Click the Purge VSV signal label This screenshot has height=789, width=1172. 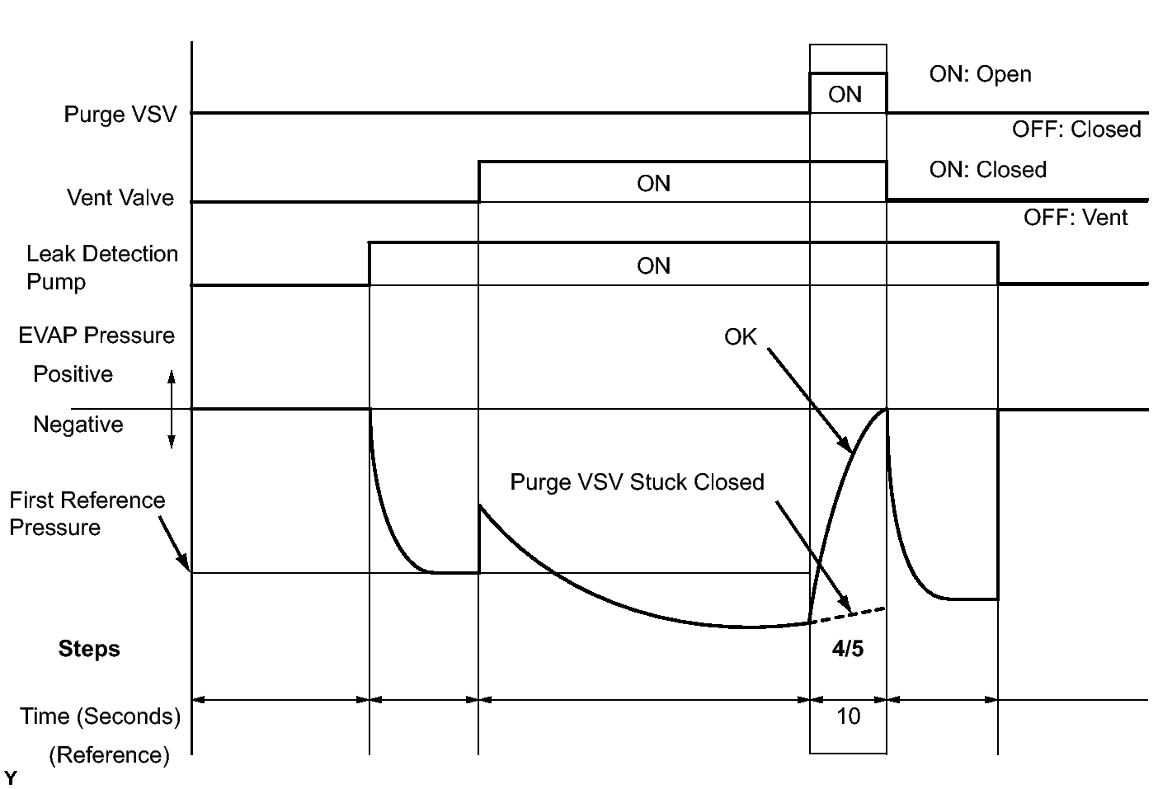click(120, 114)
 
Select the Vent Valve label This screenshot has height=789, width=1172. click(120, 198)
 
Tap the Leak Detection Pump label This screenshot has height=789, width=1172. click(102, 267)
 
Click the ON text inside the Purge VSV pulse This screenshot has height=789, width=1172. click(845, 95)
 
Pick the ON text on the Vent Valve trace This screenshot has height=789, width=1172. click(653, 183)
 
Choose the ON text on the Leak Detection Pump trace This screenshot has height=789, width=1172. click(653, 265)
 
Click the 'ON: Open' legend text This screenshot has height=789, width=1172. click(980, 74)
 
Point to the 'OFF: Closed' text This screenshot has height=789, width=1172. click(1076, 129)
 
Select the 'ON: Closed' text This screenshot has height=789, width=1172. click(987, 170)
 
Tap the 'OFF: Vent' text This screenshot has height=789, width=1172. click(1076, 218)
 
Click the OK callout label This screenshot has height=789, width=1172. click(740, 336)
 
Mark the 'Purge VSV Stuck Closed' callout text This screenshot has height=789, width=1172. click(637, 482)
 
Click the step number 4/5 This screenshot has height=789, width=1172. click(848, 649)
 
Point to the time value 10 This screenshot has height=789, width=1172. click(848, 716)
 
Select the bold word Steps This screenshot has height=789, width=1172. click(89, 649)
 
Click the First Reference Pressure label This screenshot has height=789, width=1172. click(87, 514)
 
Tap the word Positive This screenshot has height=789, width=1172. click(73, 374)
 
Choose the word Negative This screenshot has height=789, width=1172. click(78, 425)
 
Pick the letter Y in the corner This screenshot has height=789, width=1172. click(10, 777)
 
